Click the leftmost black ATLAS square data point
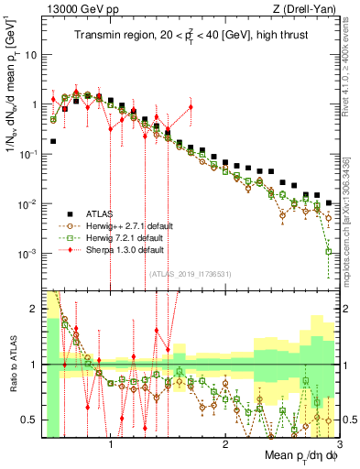click(x=54, y=141)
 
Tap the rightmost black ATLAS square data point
click(x=328, y=202)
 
